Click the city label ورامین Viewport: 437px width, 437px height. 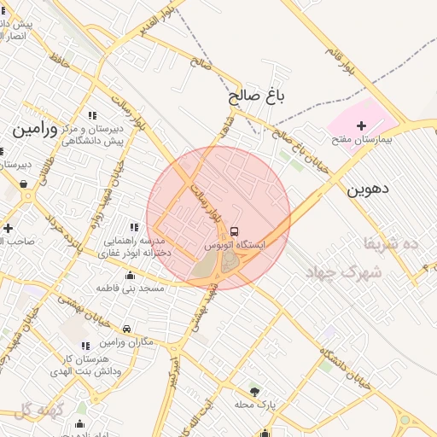[34, 130]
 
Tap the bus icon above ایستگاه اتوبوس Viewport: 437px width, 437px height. [234, 231]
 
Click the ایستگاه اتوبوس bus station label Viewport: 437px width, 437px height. [234, 244]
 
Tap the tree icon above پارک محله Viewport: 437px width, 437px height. [253, 391]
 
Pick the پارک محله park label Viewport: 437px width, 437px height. [253, 404]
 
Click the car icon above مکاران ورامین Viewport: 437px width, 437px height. [126, 329]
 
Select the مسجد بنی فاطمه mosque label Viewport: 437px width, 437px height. [130, 288]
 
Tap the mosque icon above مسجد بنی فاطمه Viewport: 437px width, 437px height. [130, 275]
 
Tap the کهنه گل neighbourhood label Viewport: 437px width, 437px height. [39, 410]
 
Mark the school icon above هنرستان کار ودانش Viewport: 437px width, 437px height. [84, 346]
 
